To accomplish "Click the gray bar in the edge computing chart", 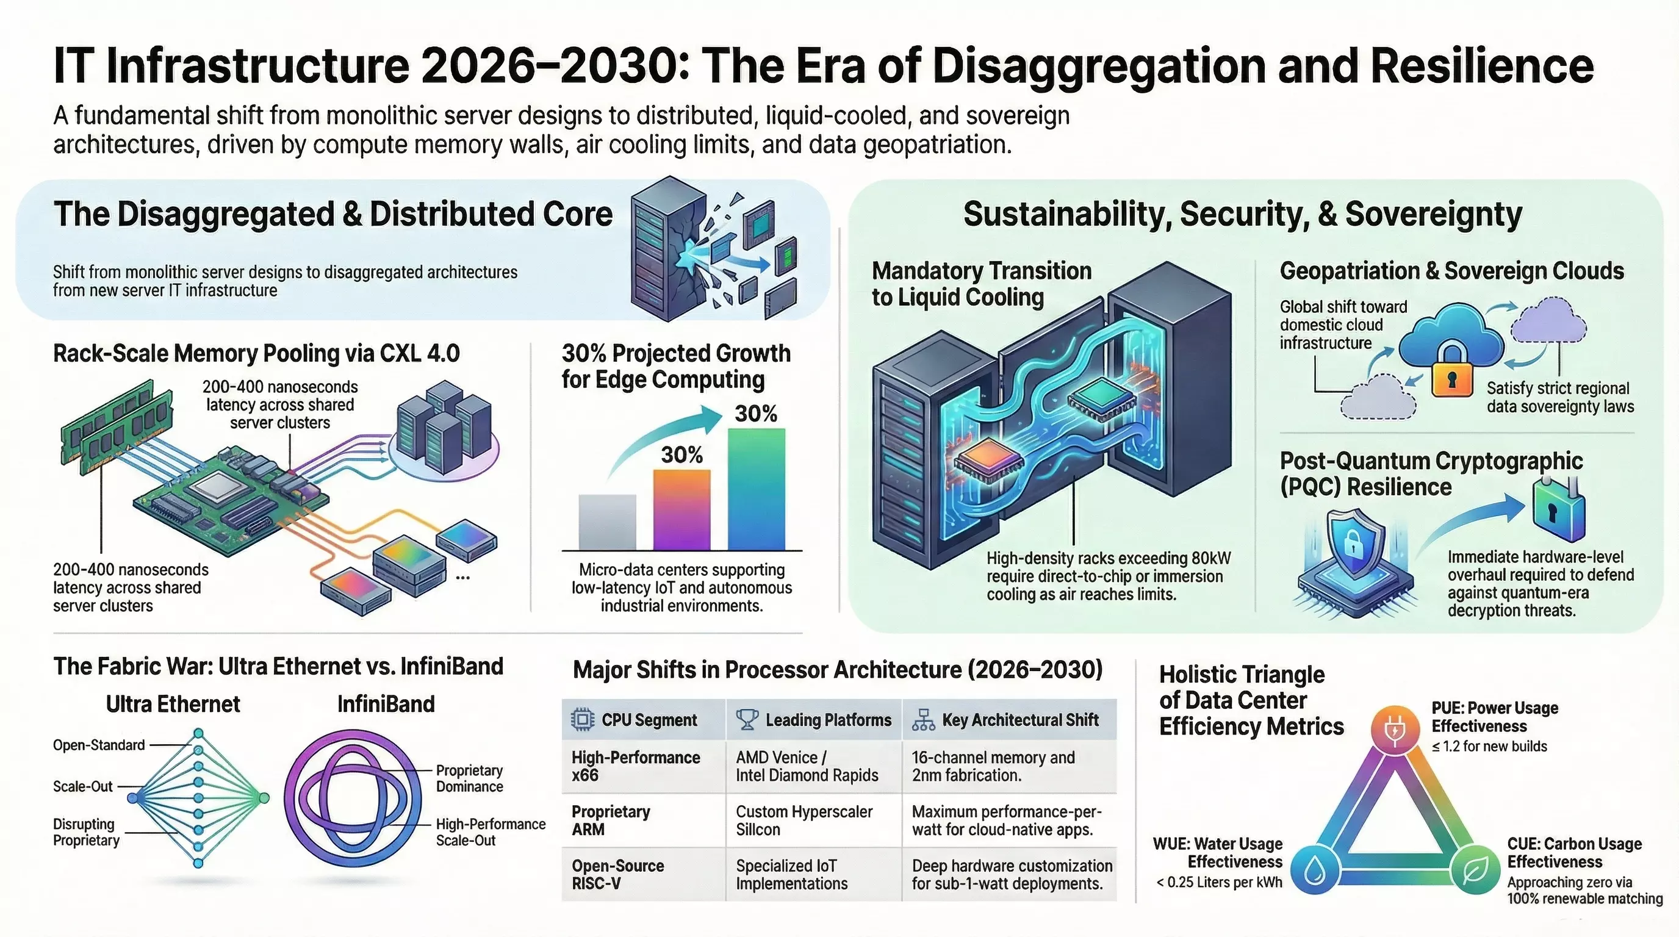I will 607,523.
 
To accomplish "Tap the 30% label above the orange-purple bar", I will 681,455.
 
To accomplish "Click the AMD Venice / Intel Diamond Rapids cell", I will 807,766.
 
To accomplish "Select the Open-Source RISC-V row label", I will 617,874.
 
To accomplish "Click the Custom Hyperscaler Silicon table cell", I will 804,820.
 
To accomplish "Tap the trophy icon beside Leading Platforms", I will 746,720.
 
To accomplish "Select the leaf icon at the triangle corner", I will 1476,871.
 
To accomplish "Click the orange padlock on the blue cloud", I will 1451,372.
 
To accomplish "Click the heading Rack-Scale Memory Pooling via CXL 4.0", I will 256,354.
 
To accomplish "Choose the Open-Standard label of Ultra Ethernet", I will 98,745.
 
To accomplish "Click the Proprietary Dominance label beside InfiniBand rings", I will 469,778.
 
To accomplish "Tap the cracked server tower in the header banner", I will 668,251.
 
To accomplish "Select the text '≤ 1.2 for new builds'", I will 1489,747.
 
